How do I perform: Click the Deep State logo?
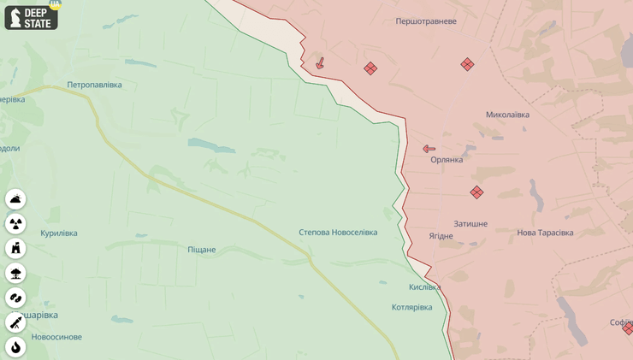[x=32, y=16]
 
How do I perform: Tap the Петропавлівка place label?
[x=94, y=85]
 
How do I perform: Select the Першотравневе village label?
[x=426, y=21]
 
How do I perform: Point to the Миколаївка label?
[x=507, y=115]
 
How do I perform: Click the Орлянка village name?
[x=447, y=160]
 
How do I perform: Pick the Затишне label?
[x=470, y=224]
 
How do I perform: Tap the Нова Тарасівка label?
[x=545, y=233]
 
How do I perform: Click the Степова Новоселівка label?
[x=338, y=233]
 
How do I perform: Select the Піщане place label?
[x=202, y=250]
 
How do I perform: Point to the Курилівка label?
[x=59, y=233]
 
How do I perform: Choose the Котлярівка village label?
[x=411, y=307]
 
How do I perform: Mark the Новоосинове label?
[x=56, y=337]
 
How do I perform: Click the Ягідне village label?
[x=441, y=236]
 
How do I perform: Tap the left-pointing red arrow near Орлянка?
[x=429, y=149]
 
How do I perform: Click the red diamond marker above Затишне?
[x=476, y=192]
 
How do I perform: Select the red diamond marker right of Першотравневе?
[x=467, y=64]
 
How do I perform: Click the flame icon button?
[x=15, y=346]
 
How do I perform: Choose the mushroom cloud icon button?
[x=15, y=273]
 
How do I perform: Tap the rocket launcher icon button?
[x=15, y=322]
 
